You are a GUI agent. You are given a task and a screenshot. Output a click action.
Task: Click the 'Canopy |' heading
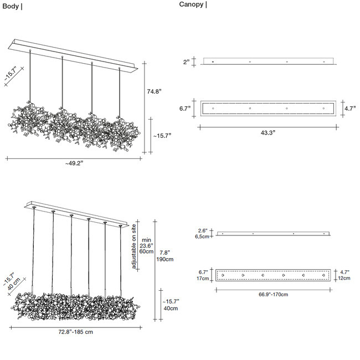click(193, 4)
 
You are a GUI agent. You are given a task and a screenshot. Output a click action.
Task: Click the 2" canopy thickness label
click(188, 61)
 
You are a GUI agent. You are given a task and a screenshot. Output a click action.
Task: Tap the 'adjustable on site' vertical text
click(134, 246)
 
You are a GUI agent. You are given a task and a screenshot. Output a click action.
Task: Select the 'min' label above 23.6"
click(146, 240)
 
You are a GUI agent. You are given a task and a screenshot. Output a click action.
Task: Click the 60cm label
click(146, 251)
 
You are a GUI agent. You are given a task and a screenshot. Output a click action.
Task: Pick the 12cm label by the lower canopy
click(345, 278)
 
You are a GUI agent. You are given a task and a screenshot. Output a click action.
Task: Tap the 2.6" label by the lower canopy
click(203, 230)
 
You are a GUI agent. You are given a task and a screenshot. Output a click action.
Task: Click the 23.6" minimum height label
click(146, 245)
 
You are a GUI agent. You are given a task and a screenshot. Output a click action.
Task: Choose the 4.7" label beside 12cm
click(345, 272)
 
